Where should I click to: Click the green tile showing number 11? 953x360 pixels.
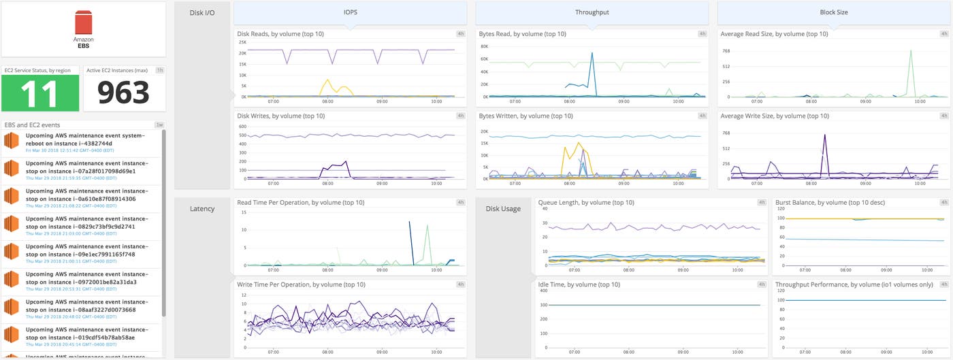40,93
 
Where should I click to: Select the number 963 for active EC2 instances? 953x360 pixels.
123,93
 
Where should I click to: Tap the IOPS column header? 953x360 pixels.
350,12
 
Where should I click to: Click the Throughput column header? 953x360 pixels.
592,12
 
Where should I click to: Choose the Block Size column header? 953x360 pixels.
833,12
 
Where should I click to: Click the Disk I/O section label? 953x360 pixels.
202,12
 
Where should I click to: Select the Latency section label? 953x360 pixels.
202,209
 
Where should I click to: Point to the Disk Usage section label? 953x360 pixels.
502,209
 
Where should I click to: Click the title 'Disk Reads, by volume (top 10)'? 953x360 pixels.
280,33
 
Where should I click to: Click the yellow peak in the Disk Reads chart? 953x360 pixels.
328,81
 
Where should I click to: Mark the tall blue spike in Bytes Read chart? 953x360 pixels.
592,54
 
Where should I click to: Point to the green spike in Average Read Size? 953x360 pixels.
910,52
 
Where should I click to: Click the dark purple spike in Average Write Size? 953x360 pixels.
824,136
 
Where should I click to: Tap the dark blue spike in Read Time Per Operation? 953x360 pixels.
410,223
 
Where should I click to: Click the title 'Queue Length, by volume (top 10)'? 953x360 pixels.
585,202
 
